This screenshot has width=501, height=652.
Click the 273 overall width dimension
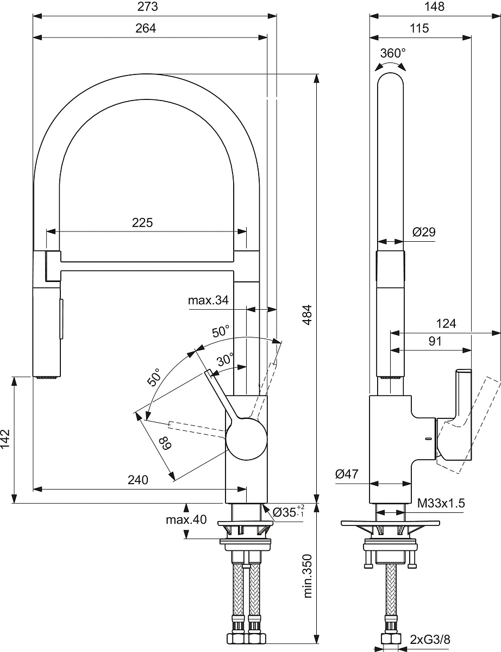coord(148,7)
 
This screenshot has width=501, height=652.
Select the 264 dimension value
coord(146,28)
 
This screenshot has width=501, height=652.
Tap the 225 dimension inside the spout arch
coord(142,223)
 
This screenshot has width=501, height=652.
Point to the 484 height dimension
coord(307,315)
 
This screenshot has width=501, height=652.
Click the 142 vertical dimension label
coord(5,439)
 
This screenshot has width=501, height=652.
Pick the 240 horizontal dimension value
coord(138,480)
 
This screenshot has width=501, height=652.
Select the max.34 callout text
coord(208,300)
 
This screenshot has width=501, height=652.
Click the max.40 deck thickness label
coord(186,519)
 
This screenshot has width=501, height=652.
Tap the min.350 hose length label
coord(308,576)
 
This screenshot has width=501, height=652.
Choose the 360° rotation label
coord(393,53)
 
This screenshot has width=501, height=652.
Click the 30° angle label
coord(226,360)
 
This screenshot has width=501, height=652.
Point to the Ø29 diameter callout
coord(424,232)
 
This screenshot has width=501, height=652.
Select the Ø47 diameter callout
coord(347,474)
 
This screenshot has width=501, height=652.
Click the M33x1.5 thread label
coord(441,503)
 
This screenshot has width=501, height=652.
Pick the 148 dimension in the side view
coord(434,7)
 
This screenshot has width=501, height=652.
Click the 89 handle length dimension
coord(165,443)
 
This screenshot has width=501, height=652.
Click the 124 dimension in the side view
coord(446,324)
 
